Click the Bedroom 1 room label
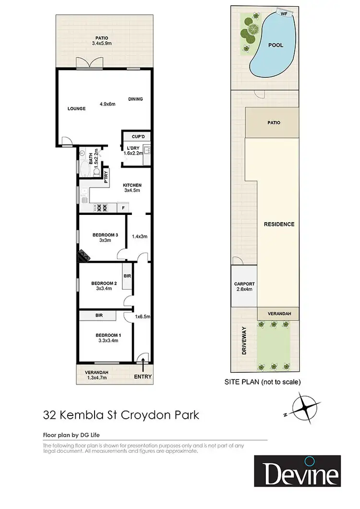point(107,335)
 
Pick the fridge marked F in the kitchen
point(123,208)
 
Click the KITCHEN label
point(132,185)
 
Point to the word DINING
point(135,99)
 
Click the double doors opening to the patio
point(89,64)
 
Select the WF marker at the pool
point(284,14)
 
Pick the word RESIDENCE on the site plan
point(279,224)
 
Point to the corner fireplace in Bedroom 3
point(84,255)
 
